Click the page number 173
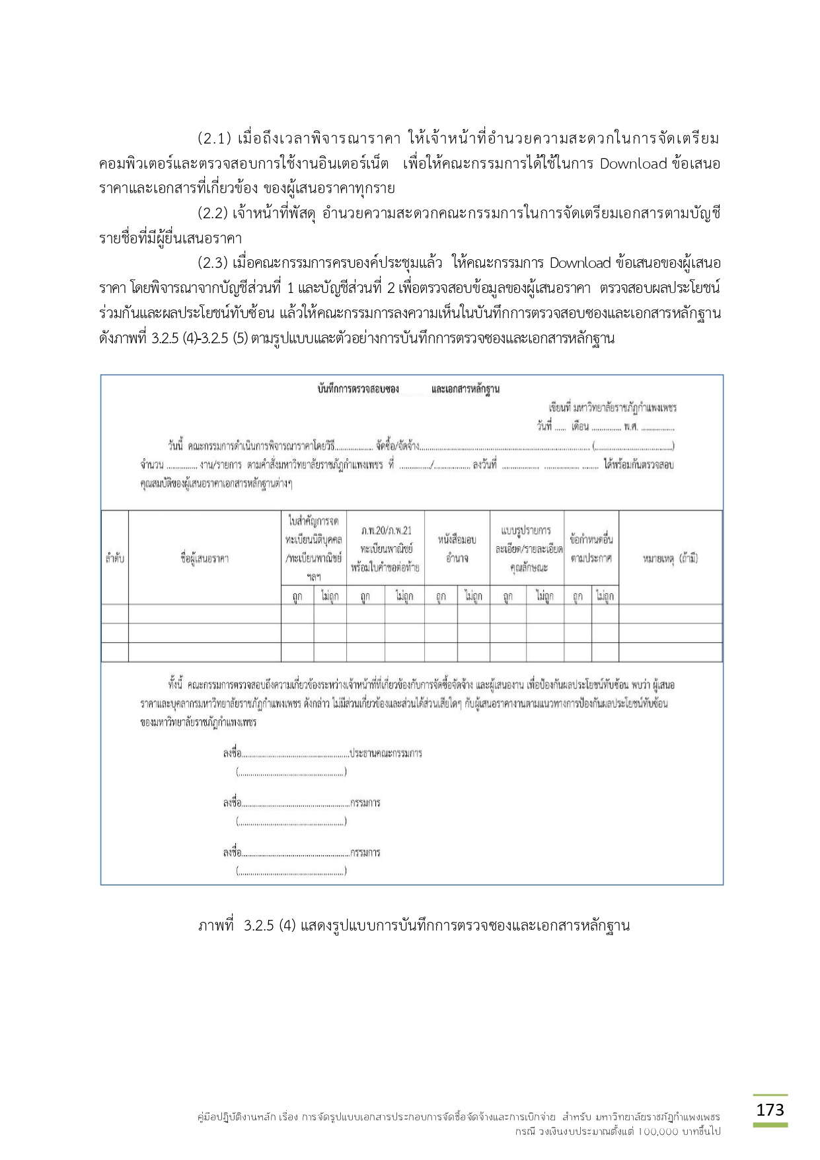click(770, 1109)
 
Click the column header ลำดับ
click(114, 558)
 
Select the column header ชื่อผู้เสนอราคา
click(204, 558)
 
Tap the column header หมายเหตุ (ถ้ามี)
click(670, 558)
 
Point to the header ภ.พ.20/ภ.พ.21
click(385, 530)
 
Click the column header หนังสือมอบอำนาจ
click(457, 548)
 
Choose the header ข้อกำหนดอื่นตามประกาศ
click(591, 548)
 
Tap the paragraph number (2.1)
click(214, 139)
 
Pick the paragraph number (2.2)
click(213, 213)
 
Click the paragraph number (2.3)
click(213, 263)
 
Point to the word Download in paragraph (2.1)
click(632, 163)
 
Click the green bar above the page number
click(770, 1095)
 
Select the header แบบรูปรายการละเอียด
click(527, 548)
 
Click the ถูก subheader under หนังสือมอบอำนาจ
click(441, 596)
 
